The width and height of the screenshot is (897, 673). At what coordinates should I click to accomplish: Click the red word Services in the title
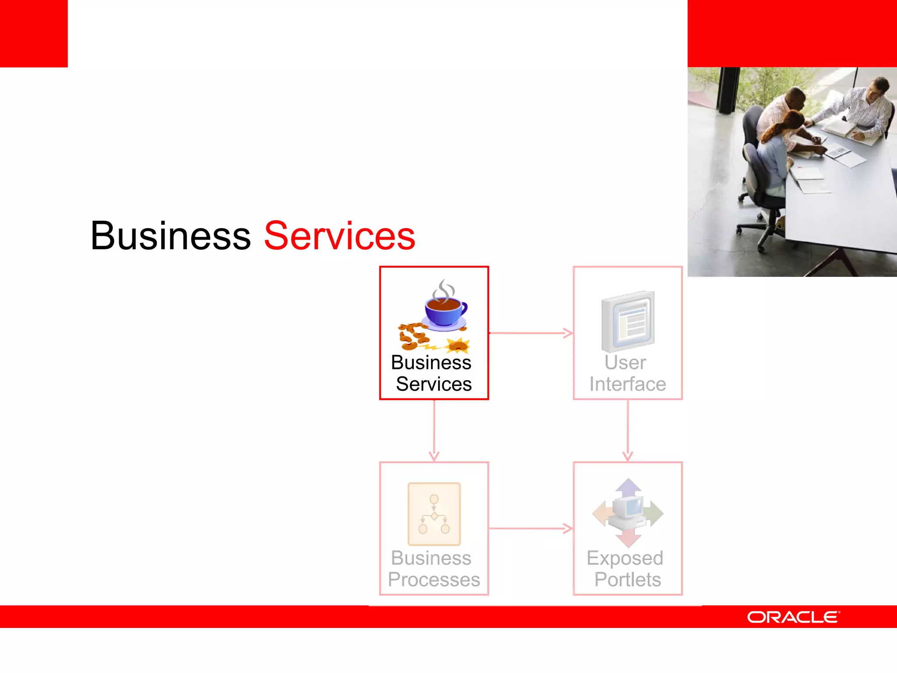click(x=339, y=237)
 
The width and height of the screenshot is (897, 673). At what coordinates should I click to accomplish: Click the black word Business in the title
click(x=171, y=237)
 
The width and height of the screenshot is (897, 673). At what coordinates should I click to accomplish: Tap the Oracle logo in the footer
click(x=793, y=617)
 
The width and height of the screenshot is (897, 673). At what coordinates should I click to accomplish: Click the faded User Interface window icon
click(x=628, y=321)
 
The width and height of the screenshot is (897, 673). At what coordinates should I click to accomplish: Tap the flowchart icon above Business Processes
click(x=434, y=514)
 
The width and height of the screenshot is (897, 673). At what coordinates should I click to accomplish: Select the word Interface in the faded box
click(x=628, y=384)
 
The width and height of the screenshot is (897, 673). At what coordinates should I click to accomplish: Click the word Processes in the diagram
click(x=434, y=580)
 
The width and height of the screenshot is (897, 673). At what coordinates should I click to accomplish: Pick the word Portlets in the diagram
click(x=628, y=580)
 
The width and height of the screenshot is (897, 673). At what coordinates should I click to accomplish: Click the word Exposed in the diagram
click(x=625, y=558)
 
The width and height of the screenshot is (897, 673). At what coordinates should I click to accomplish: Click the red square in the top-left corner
click(x=34, y=33)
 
